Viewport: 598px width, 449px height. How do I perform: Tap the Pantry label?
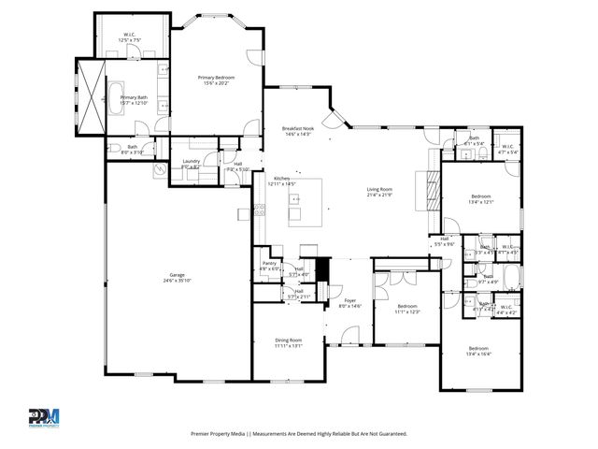click(x=269, y=265)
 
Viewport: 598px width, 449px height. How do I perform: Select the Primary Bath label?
click(x=133, y=97)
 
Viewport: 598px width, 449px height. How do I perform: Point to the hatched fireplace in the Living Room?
click(x=431, y=187)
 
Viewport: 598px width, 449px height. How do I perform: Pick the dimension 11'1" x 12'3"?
click(x=407, y=311)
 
